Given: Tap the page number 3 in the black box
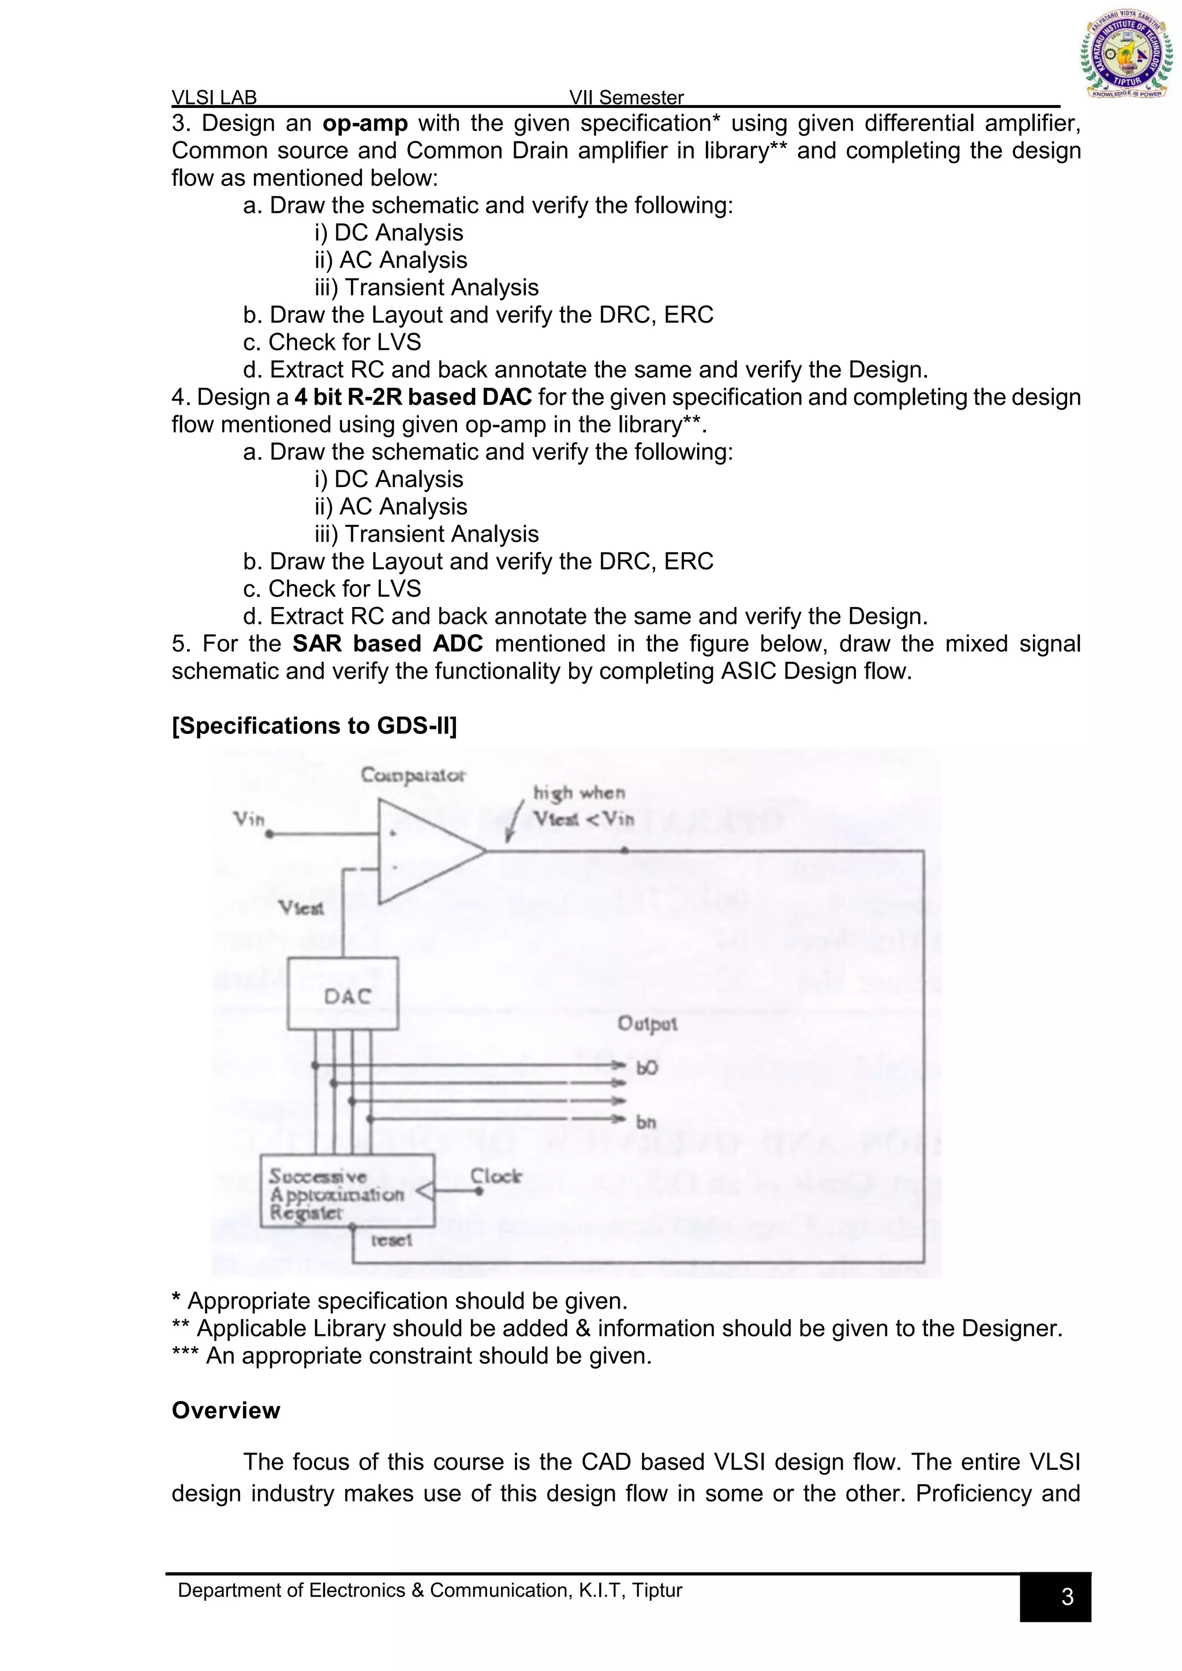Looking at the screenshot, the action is [1067, 1596].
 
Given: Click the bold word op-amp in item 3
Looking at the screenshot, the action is [365, 123].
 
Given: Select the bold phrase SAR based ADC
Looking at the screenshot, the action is [387, 643].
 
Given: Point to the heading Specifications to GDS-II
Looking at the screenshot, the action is [314, 726].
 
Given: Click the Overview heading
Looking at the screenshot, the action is [226, 1410].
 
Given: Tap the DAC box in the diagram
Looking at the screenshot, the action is [343, 994].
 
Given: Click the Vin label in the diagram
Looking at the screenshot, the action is [248, 819].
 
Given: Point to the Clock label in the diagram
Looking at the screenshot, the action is [496, 1176].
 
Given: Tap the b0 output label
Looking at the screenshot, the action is [646, 1067].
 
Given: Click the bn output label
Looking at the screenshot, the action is [646, 1122].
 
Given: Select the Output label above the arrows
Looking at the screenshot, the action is [647, 1023].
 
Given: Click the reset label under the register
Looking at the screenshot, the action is [391, 1239].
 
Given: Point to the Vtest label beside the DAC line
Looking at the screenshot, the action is [301, 908].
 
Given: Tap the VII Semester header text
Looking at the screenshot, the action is [626, 98].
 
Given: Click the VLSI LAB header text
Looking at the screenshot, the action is [214, 98].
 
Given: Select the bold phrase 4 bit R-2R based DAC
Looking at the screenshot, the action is [413, 398].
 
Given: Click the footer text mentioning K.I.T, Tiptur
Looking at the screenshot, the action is [429, 1590].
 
